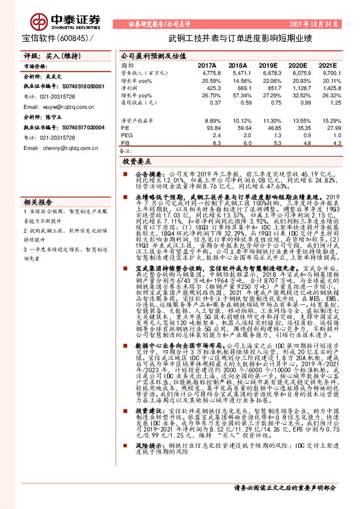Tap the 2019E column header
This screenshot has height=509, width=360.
267,64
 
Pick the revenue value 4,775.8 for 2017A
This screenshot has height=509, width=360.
208,73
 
